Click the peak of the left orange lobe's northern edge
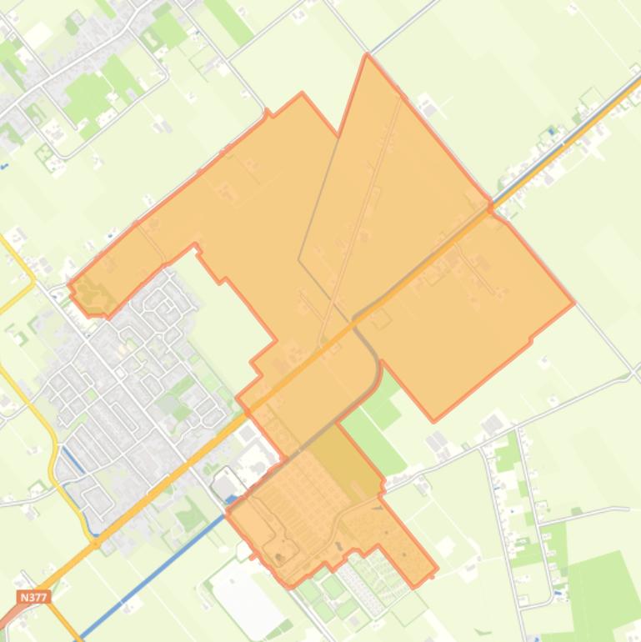click(x=302, y=93)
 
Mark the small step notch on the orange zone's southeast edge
click(x=531, y=339)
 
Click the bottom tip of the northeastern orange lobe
click(x=433, y=419)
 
